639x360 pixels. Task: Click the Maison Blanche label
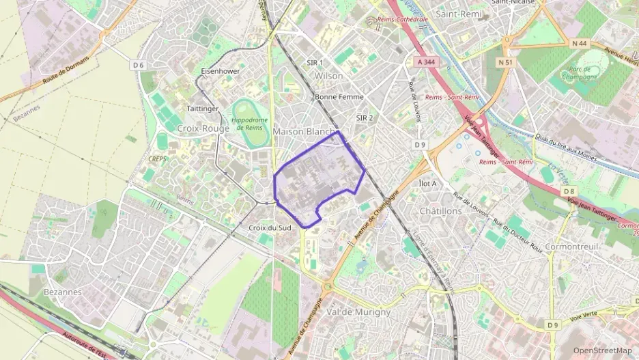(x=305, y=131)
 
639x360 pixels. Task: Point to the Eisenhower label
(x=221, y=70)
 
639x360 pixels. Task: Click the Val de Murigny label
(x=359, y=311)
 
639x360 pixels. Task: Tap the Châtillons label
(x=441, y=211)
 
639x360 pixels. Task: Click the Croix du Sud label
(x=270, y=227)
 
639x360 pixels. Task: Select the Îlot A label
(x=427, y=184)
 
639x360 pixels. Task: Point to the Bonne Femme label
(x=339, y=97)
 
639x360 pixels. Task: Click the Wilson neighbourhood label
(x=329, y=76)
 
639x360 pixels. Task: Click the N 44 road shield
(x=580, y=44)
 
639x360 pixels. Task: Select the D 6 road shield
(x=139, y=66)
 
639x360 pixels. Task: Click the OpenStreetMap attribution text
(x=601, y=350)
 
